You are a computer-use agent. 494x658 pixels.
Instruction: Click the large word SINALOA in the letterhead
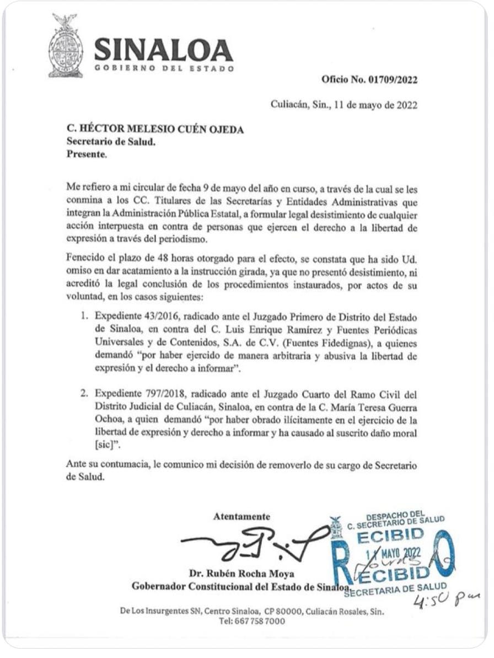163,50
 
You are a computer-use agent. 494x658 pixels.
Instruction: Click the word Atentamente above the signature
241,516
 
